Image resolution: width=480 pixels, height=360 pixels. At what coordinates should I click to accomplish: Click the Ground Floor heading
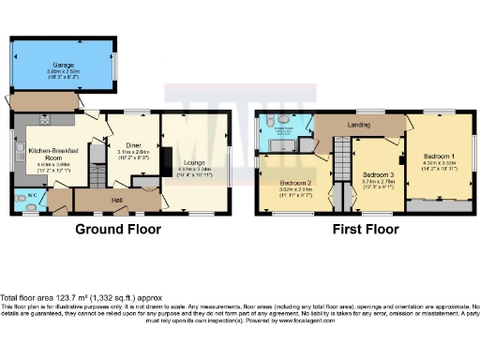click(117, 229)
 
